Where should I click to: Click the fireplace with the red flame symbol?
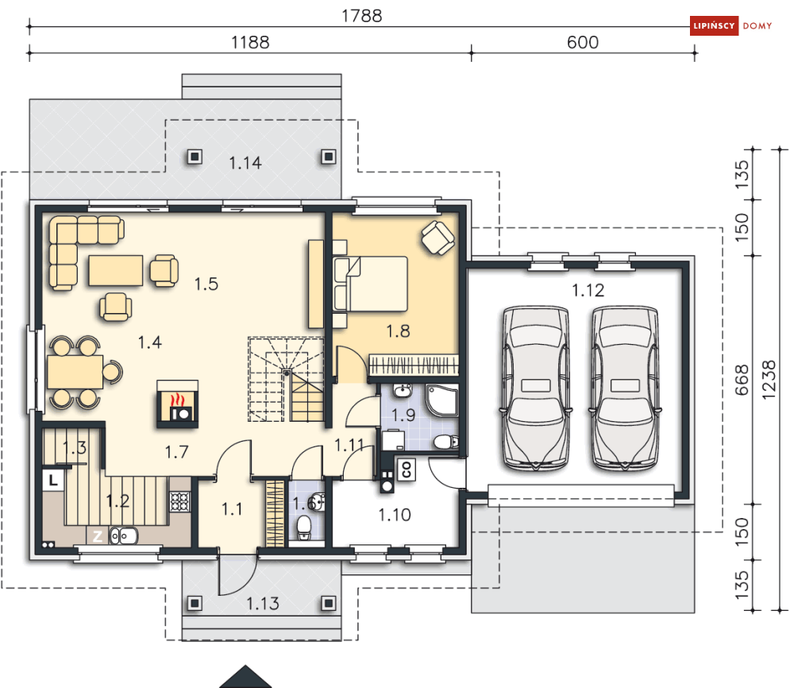[x=177, y=404]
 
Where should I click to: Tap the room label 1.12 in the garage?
[x=588, y=290]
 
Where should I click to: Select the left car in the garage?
[x=536, y=388]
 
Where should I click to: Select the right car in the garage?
[x=625, y=388]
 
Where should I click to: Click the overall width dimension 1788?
[x=362, y=16]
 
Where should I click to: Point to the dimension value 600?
[x=583, y=42]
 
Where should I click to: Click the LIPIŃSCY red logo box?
[x=714, y=25]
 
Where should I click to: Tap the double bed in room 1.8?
[x=370, y=284]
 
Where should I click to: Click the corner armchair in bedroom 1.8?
[x=437, y=238]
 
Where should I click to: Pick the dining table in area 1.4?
[x=75, y=372]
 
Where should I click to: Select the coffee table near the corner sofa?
[x=116, y=271]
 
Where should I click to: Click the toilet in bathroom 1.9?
[x=445, y=442]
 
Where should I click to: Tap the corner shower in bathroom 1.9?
[x=442, y=400]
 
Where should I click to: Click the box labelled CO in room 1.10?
[x=407, y=470]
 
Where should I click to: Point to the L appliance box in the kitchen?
[x=53, y=480]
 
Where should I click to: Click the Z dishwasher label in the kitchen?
[x=97, y=535]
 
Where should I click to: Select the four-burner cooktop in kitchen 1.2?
[x=179, y=501]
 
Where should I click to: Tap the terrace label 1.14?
[x=245, y=163]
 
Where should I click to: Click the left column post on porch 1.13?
[x=195, y=603]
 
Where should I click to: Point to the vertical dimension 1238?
[x=769, y=380]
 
